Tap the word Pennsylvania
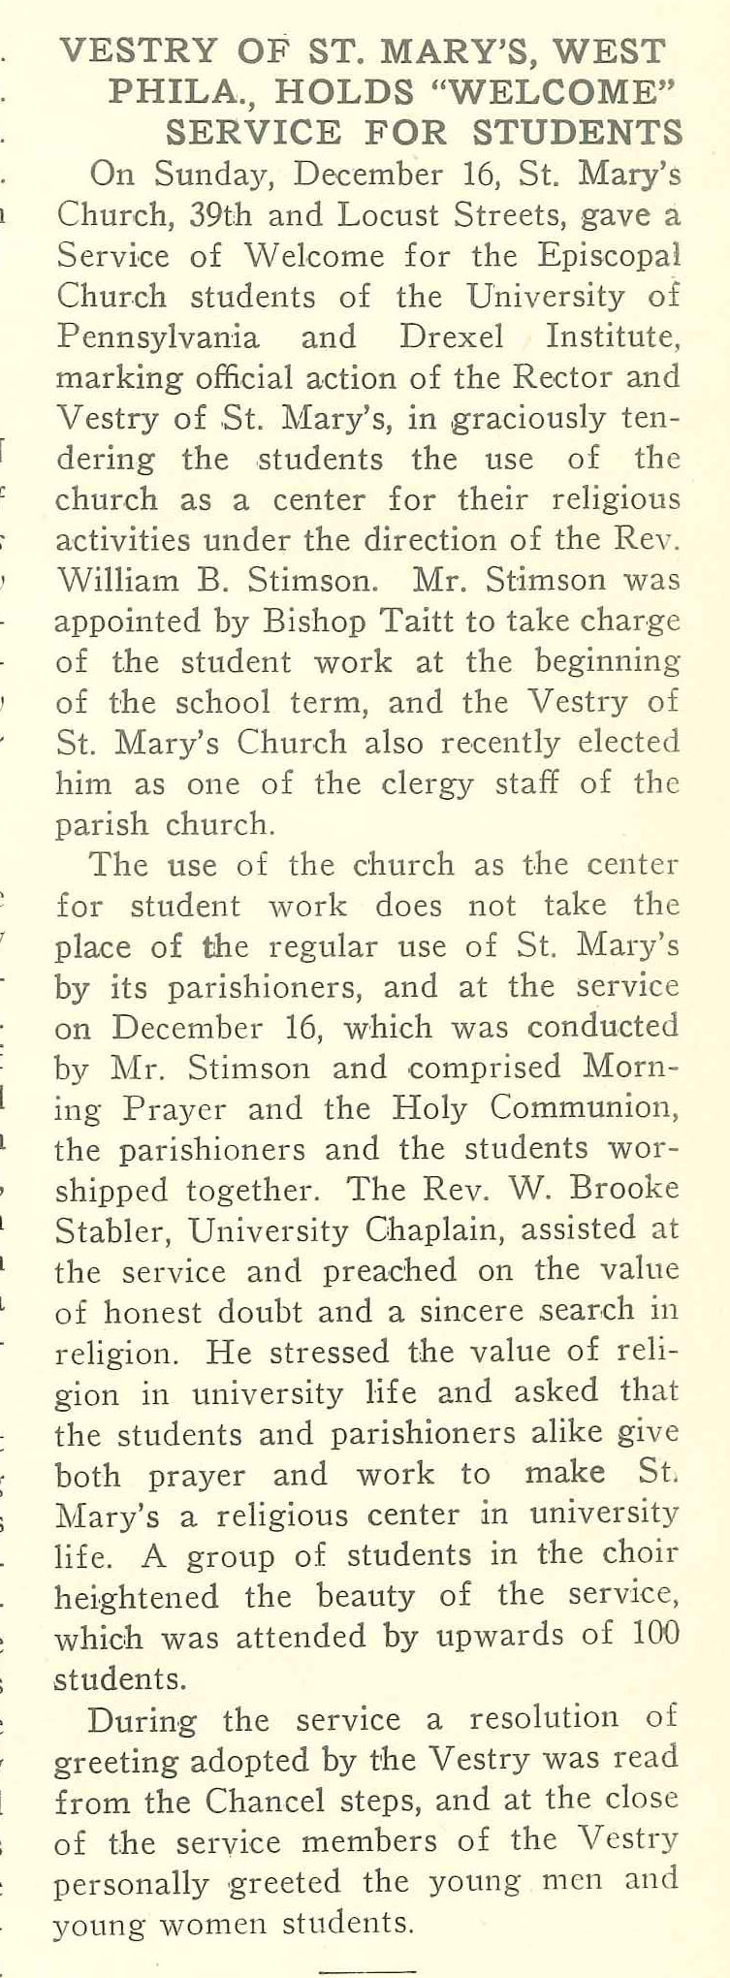158,337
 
